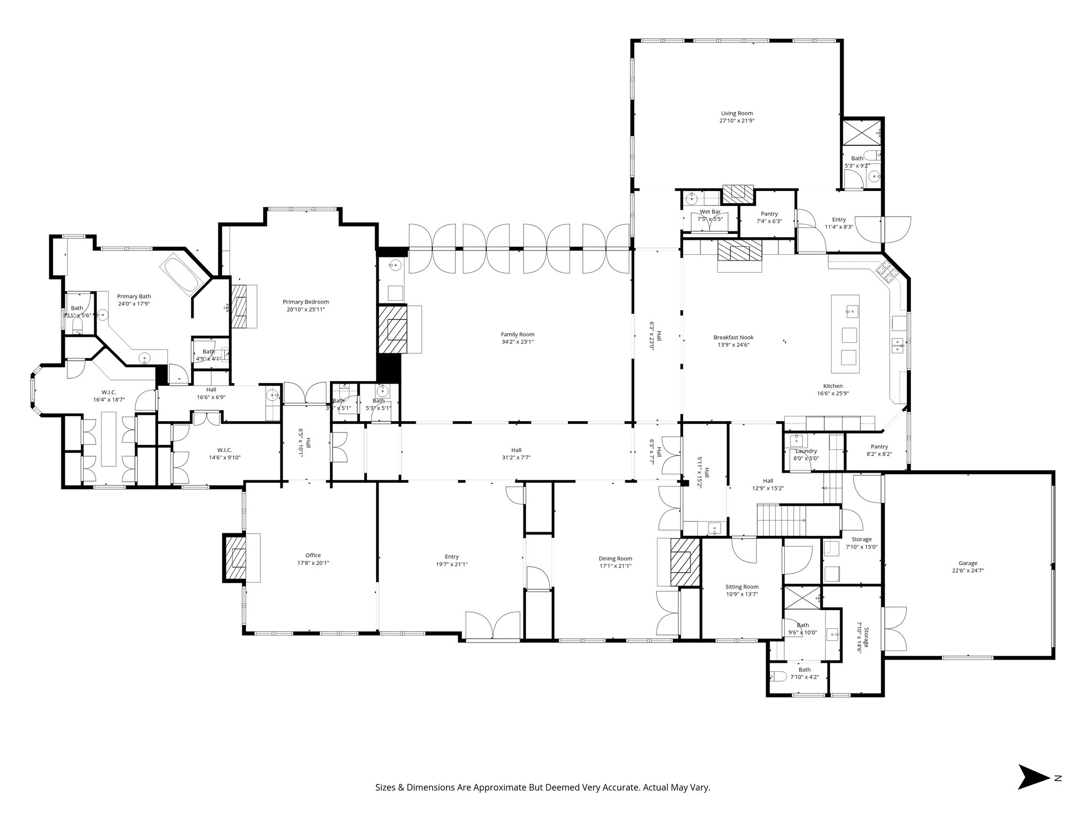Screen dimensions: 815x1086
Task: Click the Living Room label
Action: pyautogui.click(x=737, y=113)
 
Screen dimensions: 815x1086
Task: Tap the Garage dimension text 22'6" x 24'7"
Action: pyautogui.click(x=968, y=571)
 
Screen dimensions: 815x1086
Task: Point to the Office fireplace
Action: pyautogui.click(x=235, y=557)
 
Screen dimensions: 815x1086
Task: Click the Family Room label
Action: pyautogui.click(x=518, y=334)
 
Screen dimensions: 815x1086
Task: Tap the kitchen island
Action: pyautogui.click(x=845, y=334)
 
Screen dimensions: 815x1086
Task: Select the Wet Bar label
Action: pyautogui.click(x=710, y=212)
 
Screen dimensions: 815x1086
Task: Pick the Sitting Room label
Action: pyautogui.click(x=742, y=587)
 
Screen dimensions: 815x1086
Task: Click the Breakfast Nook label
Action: pyautogui.click(x=733, y=337)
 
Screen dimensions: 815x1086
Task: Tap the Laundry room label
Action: pyautogui.click(x=806, y=451)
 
